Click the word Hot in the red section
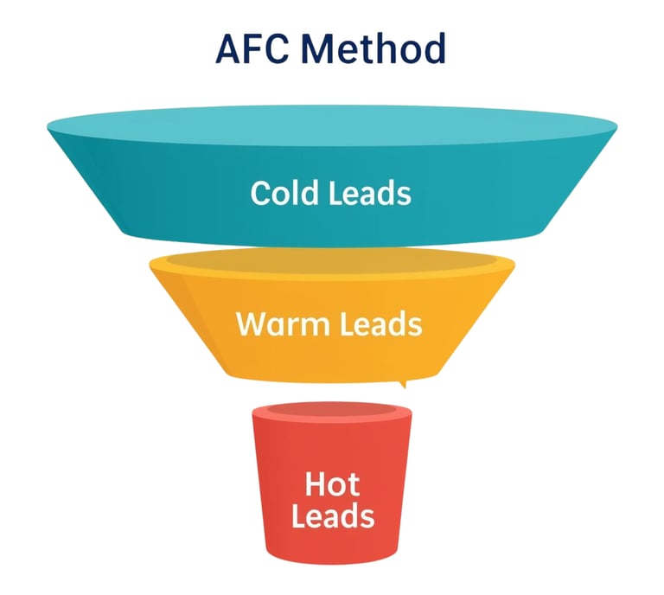(332, 483)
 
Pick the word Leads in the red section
(332, 516)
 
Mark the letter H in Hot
(316, 483)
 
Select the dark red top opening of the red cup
(332, 413)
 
